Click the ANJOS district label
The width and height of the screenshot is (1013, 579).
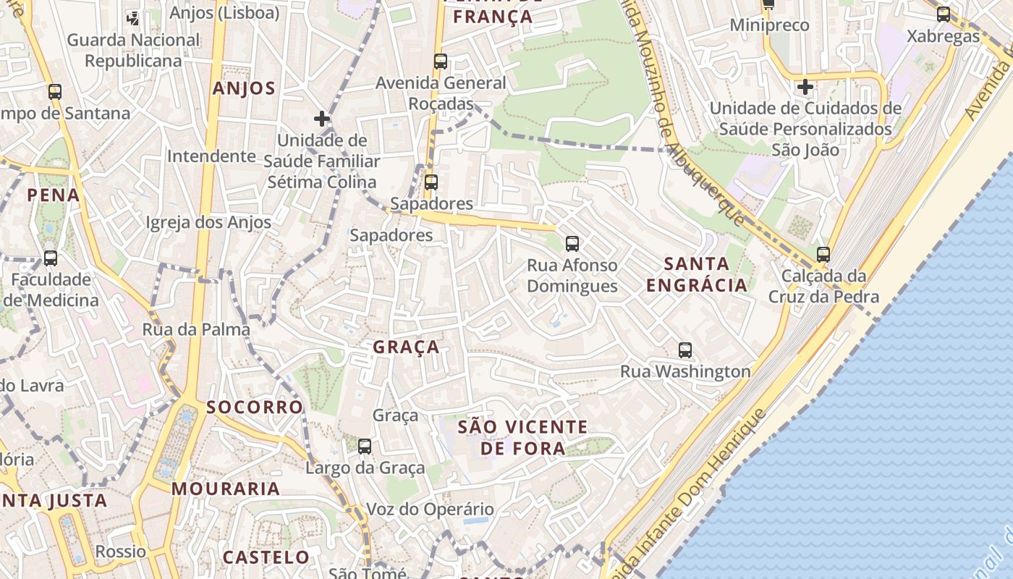244,89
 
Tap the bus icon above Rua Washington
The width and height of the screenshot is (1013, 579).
685,350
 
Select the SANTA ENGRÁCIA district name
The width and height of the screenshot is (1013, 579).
696,274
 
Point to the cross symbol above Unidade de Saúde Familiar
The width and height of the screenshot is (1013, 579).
322,119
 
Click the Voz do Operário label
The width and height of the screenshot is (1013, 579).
430,509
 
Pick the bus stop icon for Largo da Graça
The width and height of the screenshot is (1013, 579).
365,447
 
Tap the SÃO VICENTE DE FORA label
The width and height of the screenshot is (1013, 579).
522,437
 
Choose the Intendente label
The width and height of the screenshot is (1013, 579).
211,156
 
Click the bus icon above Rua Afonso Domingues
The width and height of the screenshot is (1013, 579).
572,244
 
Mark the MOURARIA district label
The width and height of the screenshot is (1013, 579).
226,489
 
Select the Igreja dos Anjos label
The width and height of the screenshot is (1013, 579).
208,222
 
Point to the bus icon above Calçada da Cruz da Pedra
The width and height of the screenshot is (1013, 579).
823,255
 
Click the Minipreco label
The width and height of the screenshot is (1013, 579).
769,25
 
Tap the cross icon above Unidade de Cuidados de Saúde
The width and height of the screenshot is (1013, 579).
805,87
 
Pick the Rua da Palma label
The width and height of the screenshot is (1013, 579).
196,329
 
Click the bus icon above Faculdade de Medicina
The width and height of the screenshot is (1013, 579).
51,258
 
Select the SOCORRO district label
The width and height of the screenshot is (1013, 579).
255,407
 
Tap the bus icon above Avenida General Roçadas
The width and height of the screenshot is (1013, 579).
441,62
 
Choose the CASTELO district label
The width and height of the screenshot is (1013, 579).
266,557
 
